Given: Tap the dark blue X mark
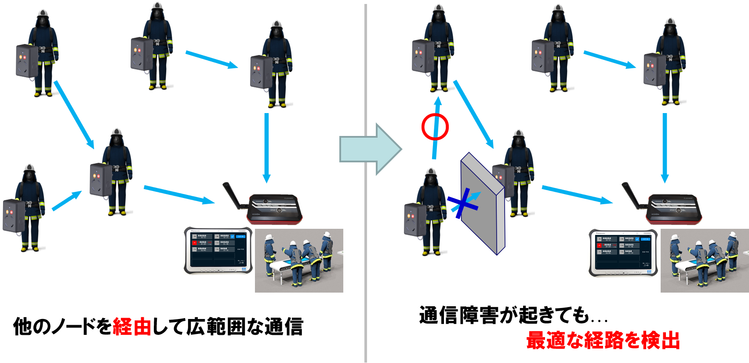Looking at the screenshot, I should pyautogui.click(x=462, y=205).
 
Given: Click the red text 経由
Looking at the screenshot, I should pyautogui.click(x=132, y=327).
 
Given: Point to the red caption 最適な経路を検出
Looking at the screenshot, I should pyautogui.click(x=603, y=340).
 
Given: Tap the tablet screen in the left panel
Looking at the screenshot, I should pyautogui.click(x=218, y=249).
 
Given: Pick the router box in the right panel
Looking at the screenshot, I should pyautogui.click(x=675, y=209).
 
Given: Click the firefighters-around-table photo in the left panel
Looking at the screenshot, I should pyautogui.click(x=299, y=260).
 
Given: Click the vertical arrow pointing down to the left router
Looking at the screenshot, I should pyautogui.click(x=266, y=147).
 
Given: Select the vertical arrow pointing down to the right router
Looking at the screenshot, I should pyautogui.click(x=665, y=147).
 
